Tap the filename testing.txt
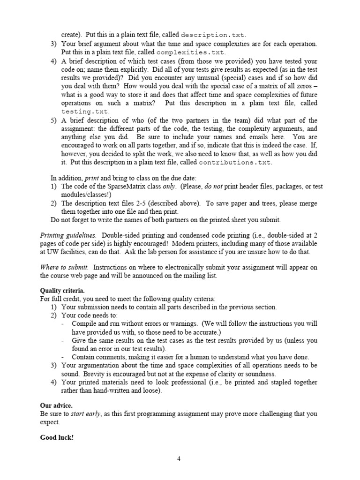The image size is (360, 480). (x=85, y=111)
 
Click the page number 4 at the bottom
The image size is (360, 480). (x=179, y=459)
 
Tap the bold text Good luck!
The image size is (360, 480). (x=57, y=438)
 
